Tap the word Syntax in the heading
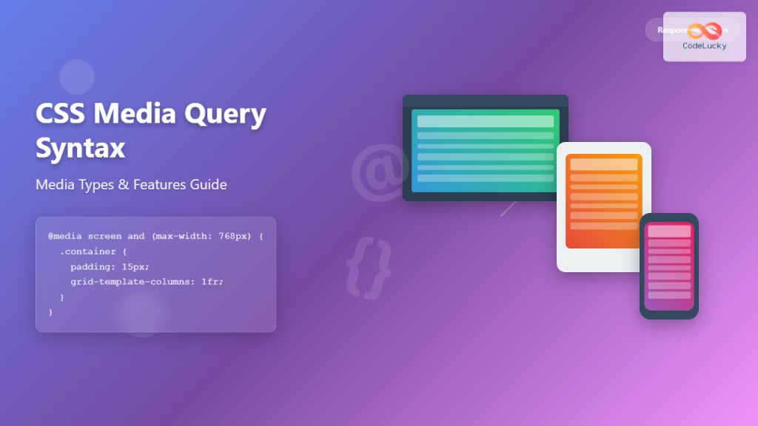click(x=80, y=149)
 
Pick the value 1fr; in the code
click(x=212, y=282)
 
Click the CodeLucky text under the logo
click(x=704, y=46)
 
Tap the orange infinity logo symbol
click(x=704, y=31)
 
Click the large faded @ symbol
click(x=379, y=172)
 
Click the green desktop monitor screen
click(x=485, y=152)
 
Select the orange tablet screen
click(x=603, y=201)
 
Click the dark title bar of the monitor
click(x=485, y=101)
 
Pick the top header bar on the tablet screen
click(x=603, y=164)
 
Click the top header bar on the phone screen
click(x=669, y=231)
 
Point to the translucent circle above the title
click(x=77, y=77)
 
